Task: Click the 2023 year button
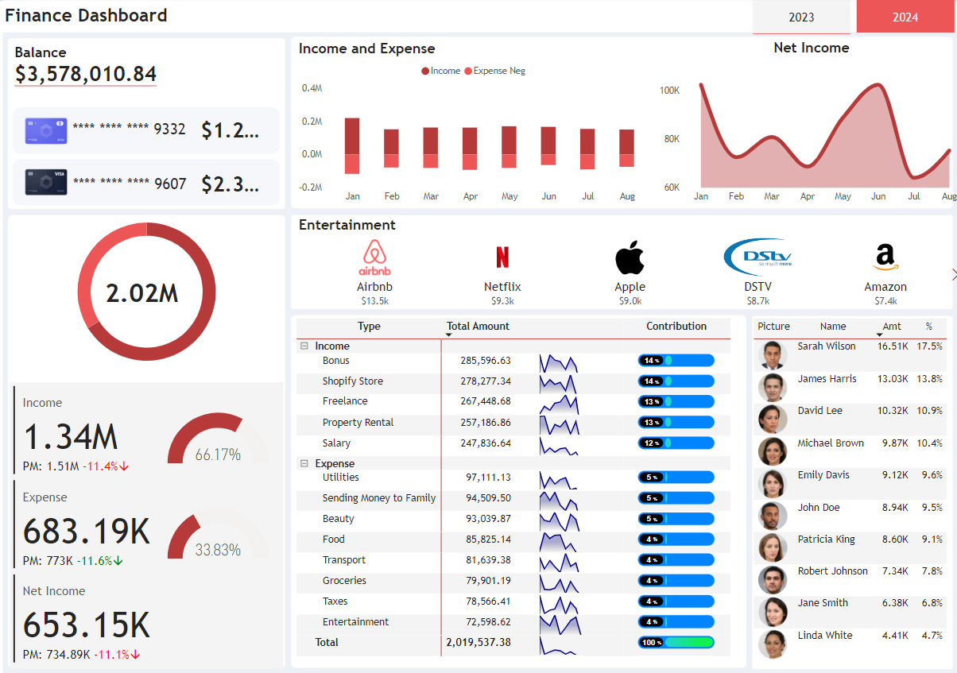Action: tap(801, 17)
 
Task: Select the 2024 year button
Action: tap(905, 17)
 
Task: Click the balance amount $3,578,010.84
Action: tap(86, 75)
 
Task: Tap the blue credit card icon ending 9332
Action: tap(46, 130)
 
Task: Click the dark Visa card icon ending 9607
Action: tap(46, 182)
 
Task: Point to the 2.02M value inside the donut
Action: tap(142, 293)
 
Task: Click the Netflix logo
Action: tap(502, 257)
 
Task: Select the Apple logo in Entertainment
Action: tap(630, 257)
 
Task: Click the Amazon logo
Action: tap(885, 257)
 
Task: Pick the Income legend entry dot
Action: tap(425, 72)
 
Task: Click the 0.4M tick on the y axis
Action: tap(312, 88)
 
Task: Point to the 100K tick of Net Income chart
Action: tap(669, 91)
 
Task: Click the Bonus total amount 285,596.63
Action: tap(485, 361)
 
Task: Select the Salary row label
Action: tap(336, 443)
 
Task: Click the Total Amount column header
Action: tap(478, 327)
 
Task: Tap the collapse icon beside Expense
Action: tap(304, 463)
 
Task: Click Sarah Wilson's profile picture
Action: tap(772, 355)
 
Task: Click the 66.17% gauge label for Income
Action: tap(218, 455)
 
